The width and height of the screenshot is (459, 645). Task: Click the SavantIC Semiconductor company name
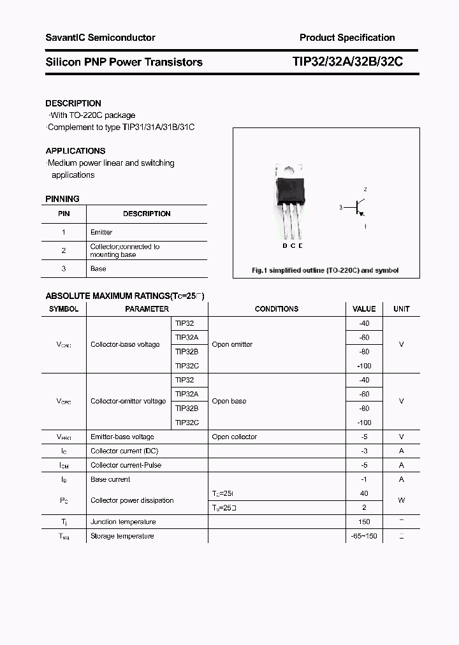point(100,38)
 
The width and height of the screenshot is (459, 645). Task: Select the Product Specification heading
point(347,38)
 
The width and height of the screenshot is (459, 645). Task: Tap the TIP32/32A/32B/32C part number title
point(347,62)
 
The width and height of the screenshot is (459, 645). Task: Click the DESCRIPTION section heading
point(73,103)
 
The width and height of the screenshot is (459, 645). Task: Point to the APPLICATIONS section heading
point(75,151)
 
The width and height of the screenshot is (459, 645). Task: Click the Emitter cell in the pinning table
point(101,233)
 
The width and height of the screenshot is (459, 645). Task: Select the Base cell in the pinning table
point(98,269)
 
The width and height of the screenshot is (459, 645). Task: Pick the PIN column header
point(64,214)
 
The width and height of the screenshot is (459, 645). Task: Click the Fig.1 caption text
point(325,270)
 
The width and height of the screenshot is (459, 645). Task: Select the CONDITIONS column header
point(277,309)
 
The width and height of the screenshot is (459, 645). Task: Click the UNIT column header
point(402,309)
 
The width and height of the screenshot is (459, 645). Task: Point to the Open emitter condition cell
point(232,345)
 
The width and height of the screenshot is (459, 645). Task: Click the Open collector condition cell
point(235,437)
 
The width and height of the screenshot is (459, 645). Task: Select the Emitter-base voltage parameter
point(122,437)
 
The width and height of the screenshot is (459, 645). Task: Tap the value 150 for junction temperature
point(364,522)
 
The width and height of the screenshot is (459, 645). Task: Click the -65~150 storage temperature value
point(364,536)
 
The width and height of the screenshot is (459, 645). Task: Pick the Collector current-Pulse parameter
point(126,465)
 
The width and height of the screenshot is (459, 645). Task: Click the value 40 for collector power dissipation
point(364,493)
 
